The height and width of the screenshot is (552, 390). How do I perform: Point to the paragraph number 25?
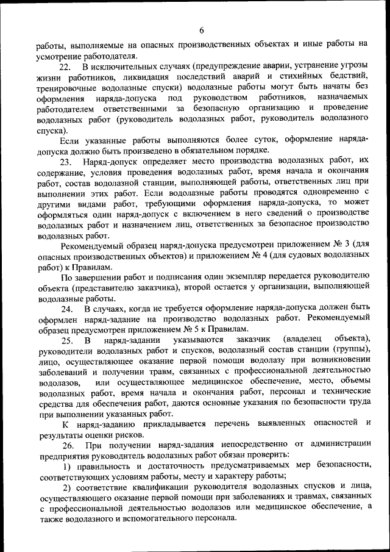66,339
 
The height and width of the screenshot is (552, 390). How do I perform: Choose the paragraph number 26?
66,445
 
